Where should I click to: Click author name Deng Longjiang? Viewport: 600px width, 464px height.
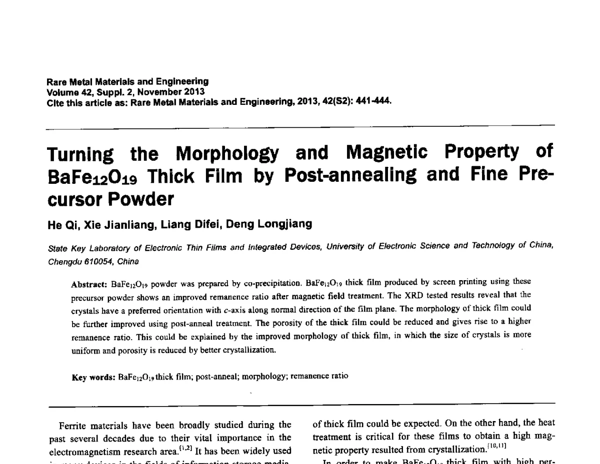(x=269, y=224)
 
